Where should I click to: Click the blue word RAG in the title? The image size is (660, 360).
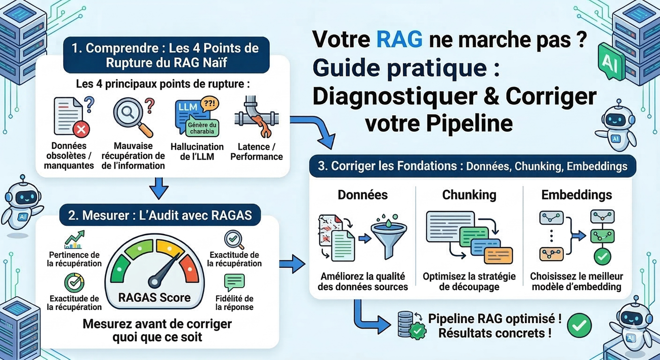point(399,39)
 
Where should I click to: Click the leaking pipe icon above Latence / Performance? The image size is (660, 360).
point(256,119)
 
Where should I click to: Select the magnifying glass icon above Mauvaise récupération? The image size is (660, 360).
point(130,116)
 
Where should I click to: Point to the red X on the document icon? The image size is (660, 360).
point(79,131)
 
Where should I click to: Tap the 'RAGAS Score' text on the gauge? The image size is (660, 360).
point(154,297)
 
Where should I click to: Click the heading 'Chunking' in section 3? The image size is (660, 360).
point(469,195)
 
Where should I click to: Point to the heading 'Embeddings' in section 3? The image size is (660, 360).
point(576,195)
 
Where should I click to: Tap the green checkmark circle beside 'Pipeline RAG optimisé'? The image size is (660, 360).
point(579,326)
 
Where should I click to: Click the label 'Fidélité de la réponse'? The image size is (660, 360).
point(234,303)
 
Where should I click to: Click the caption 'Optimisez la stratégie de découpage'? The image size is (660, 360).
point(469,282)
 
